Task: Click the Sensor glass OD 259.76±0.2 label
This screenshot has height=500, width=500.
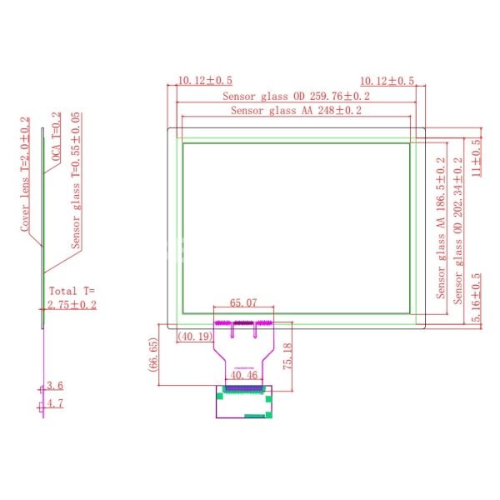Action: coord(296,96)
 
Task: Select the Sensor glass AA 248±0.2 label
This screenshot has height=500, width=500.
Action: coord(296,110)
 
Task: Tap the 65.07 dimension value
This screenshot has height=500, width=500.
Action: coord(243,302)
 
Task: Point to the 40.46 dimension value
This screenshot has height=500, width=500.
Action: coord(243,375)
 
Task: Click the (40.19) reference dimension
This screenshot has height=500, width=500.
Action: coord(195,336)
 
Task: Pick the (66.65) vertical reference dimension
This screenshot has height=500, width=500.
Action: coord(153,354)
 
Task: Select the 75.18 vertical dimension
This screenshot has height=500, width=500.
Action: coord(287,356)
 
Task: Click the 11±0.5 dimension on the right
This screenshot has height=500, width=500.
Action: coord(476,157)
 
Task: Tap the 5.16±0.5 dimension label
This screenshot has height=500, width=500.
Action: coord(476,297)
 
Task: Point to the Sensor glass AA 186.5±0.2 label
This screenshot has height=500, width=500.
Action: coord(441,228)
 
